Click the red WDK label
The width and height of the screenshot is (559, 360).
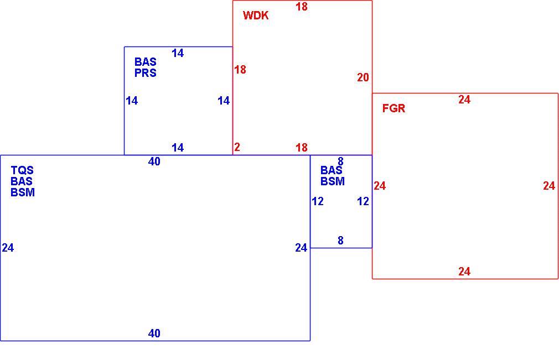coord(256,15)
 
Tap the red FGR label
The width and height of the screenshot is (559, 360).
coord(394,108)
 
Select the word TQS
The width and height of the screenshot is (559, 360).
coord(22,170)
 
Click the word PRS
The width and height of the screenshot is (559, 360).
coord(146,72)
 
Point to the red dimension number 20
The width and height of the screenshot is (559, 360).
coord(363,77)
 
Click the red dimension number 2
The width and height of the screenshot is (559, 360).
coord(237,147)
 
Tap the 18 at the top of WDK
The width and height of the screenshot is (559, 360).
coord(302,7)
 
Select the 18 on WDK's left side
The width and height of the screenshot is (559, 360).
coord(240,70)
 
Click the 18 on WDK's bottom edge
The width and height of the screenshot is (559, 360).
coord(302,148)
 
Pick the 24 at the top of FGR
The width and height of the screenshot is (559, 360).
coord(464,100)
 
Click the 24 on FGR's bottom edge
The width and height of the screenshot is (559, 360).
coord(464,272)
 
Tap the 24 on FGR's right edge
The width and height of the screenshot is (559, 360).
coord(549,186)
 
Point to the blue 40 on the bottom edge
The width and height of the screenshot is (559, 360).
coord(154,333)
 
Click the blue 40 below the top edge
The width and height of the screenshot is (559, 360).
coord(154,161)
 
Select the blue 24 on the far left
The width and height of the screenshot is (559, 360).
coord(8,248)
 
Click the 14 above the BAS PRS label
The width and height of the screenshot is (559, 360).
coord(178,53)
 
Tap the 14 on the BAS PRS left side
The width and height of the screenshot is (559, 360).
coord(132,101)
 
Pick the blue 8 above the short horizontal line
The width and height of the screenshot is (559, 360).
coord(340,241)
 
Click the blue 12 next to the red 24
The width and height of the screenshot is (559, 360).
coord(363,201)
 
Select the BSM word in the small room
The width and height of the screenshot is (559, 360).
coord(333,181)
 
